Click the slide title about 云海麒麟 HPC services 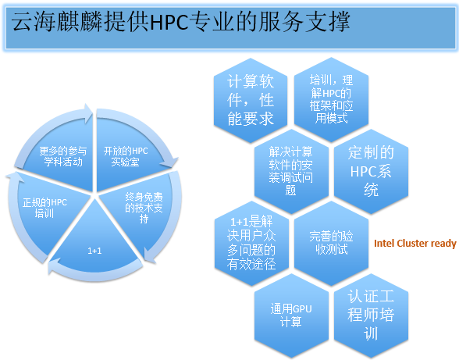point(180,21)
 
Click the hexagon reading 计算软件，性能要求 point(251,100)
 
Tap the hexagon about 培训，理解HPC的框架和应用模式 point(331,100)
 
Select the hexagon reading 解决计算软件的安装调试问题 point(291,171)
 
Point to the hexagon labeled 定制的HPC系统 point(371,171)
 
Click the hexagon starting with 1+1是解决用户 point(251,243)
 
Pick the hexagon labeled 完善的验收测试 point(331,243)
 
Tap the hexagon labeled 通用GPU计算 point(291,315)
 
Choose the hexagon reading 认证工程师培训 point(371,315)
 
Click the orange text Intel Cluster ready point(415,244)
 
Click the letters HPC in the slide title point(169,23)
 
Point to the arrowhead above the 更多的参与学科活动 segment point(88,113)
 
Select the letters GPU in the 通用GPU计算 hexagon point(302,309)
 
